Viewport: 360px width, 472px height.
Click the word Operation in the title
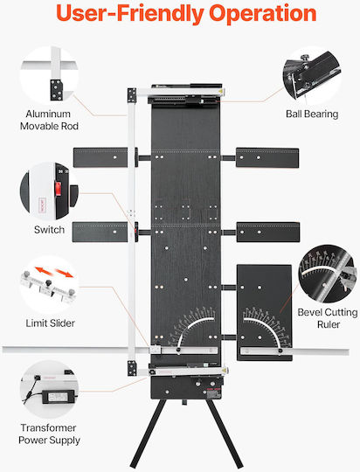coord(262,13)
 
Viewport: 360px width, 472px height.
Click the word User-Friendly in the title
coord(130,14)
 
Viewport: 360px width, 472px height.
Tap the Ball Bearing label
coord(312,115)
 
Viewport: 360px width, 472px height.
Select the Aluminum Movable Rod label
coord(49,120)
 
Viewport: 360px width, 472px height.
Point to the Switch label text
coord(49,230)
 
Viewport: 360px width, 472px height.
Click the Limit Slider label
coord(51,323)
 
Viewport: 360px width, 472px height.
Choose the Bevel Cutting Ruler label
coord(328,318)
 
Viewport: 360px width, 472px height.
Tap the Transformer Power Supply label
coord(49,434)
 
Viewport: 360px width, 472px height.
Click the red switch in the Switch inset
coord(58,189)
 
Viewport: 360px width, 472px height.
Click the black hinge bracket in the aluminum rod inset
coord(56,90)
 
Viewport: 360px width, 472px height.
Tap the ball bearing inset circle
coord(312,75)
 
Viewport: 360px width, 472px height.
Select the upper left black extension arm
coord(100,157)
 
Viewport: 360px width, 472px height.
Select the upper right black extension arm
coord(267,157)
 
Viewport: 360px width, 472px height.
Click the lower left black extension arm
coord(100,233)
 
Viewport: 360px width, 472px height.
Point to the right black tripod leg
coord(225,434)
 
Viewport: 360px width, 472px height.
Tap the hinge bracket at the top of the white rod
coord(132,95)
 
